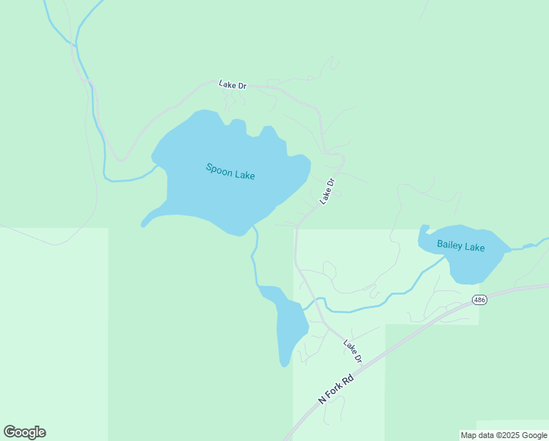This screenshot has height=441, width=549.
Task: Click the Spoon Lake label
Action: (230, 172)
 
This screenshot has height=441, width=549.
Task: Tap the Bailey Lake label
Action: (460, 246)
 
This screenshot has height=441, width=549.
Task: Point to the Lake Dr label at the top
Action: (233, 85)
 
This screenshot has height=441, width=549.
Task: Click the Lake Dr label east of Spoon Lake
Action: (327, 192)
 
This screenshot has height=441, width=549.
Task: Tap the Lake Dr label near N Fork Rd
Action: (353, 351)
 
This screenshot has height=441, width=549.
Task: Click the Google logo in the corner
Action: (24, 432)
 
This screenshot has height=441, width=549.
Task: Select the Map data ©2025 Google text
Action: (503, 435)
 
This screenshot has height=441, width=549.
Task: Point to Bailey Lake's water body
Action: (470, 265)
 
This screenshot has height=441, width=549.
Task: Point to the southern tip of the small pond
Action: (284, 362)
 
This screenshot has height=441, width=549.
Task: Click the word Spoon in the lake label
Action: (219, 170)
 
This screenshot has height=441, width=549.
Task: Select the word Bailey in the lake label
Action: (449, 245)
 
